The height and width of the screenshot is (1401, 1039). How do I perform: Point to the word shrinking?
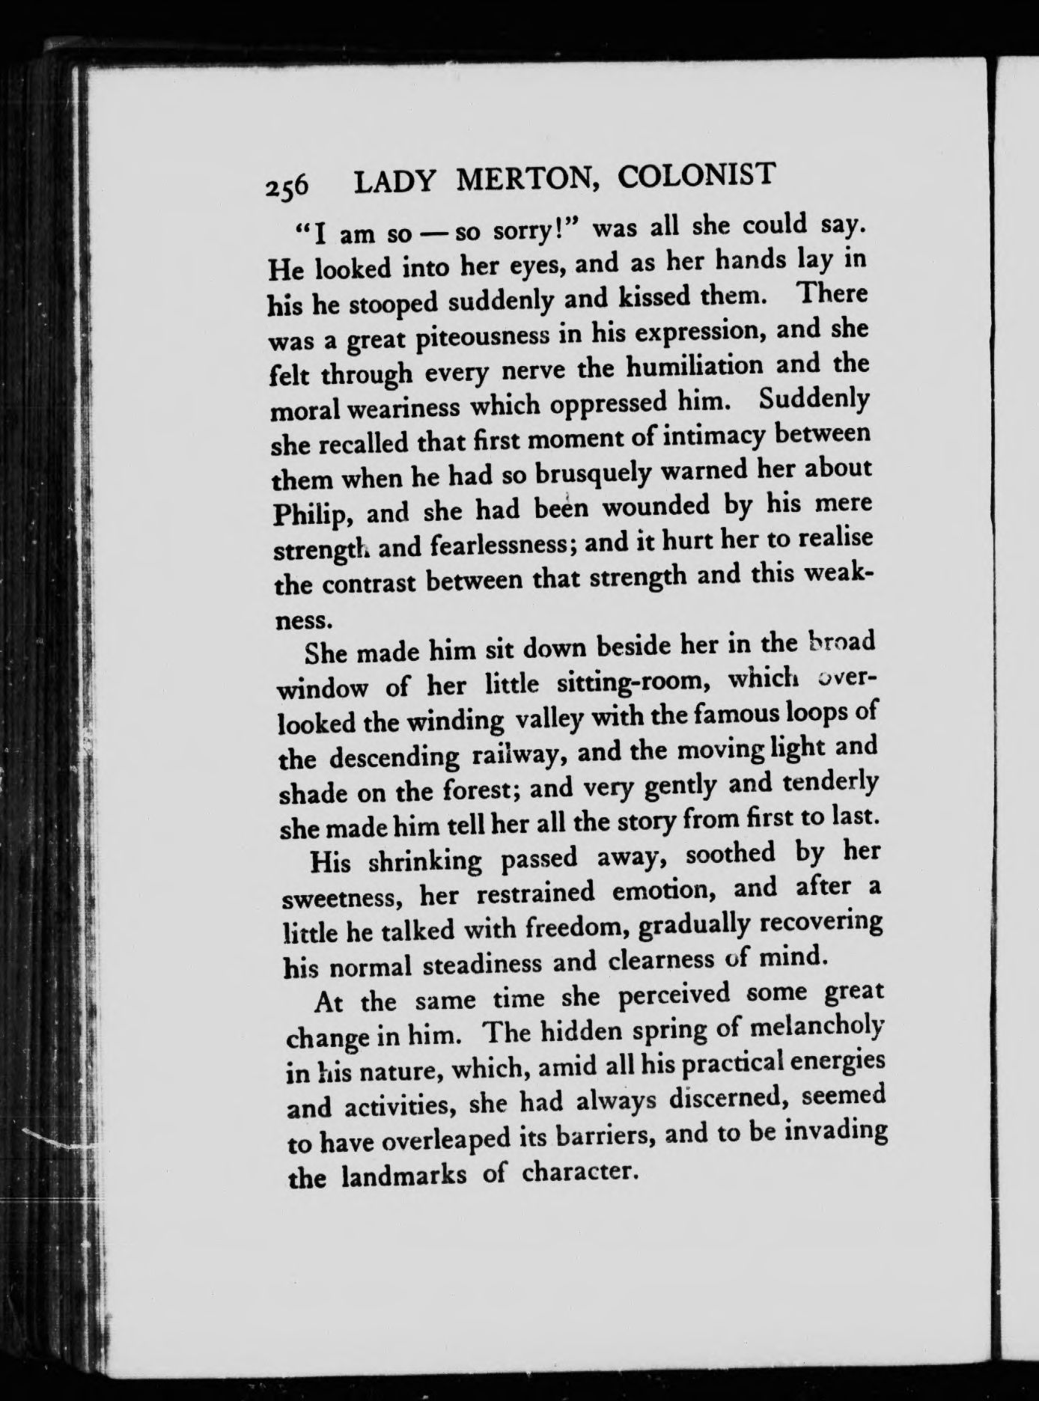pyautogui.click(x=427, y=861)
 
